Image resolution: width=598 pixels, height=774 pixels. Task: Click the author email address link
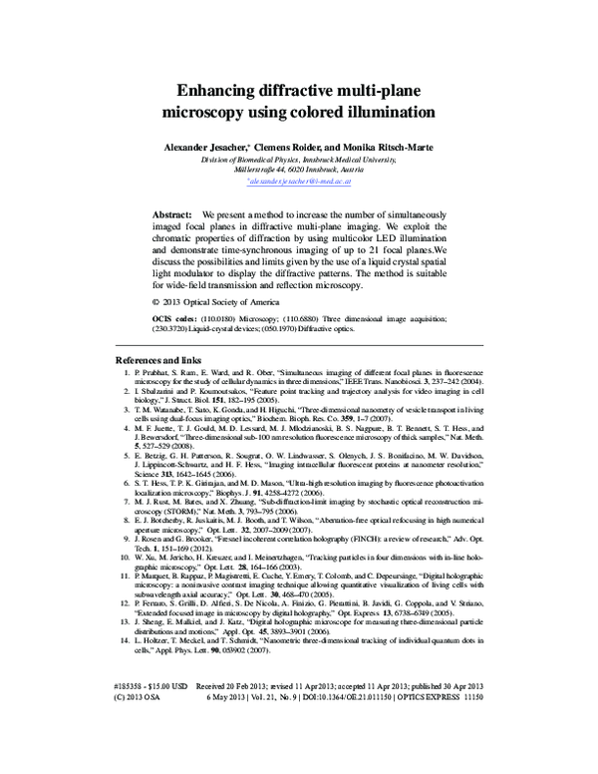pyautogui.click(x=299, y=184)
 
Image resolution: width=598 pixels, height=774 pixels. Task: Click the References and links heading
pyautogui.click(x=159, y=358)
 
